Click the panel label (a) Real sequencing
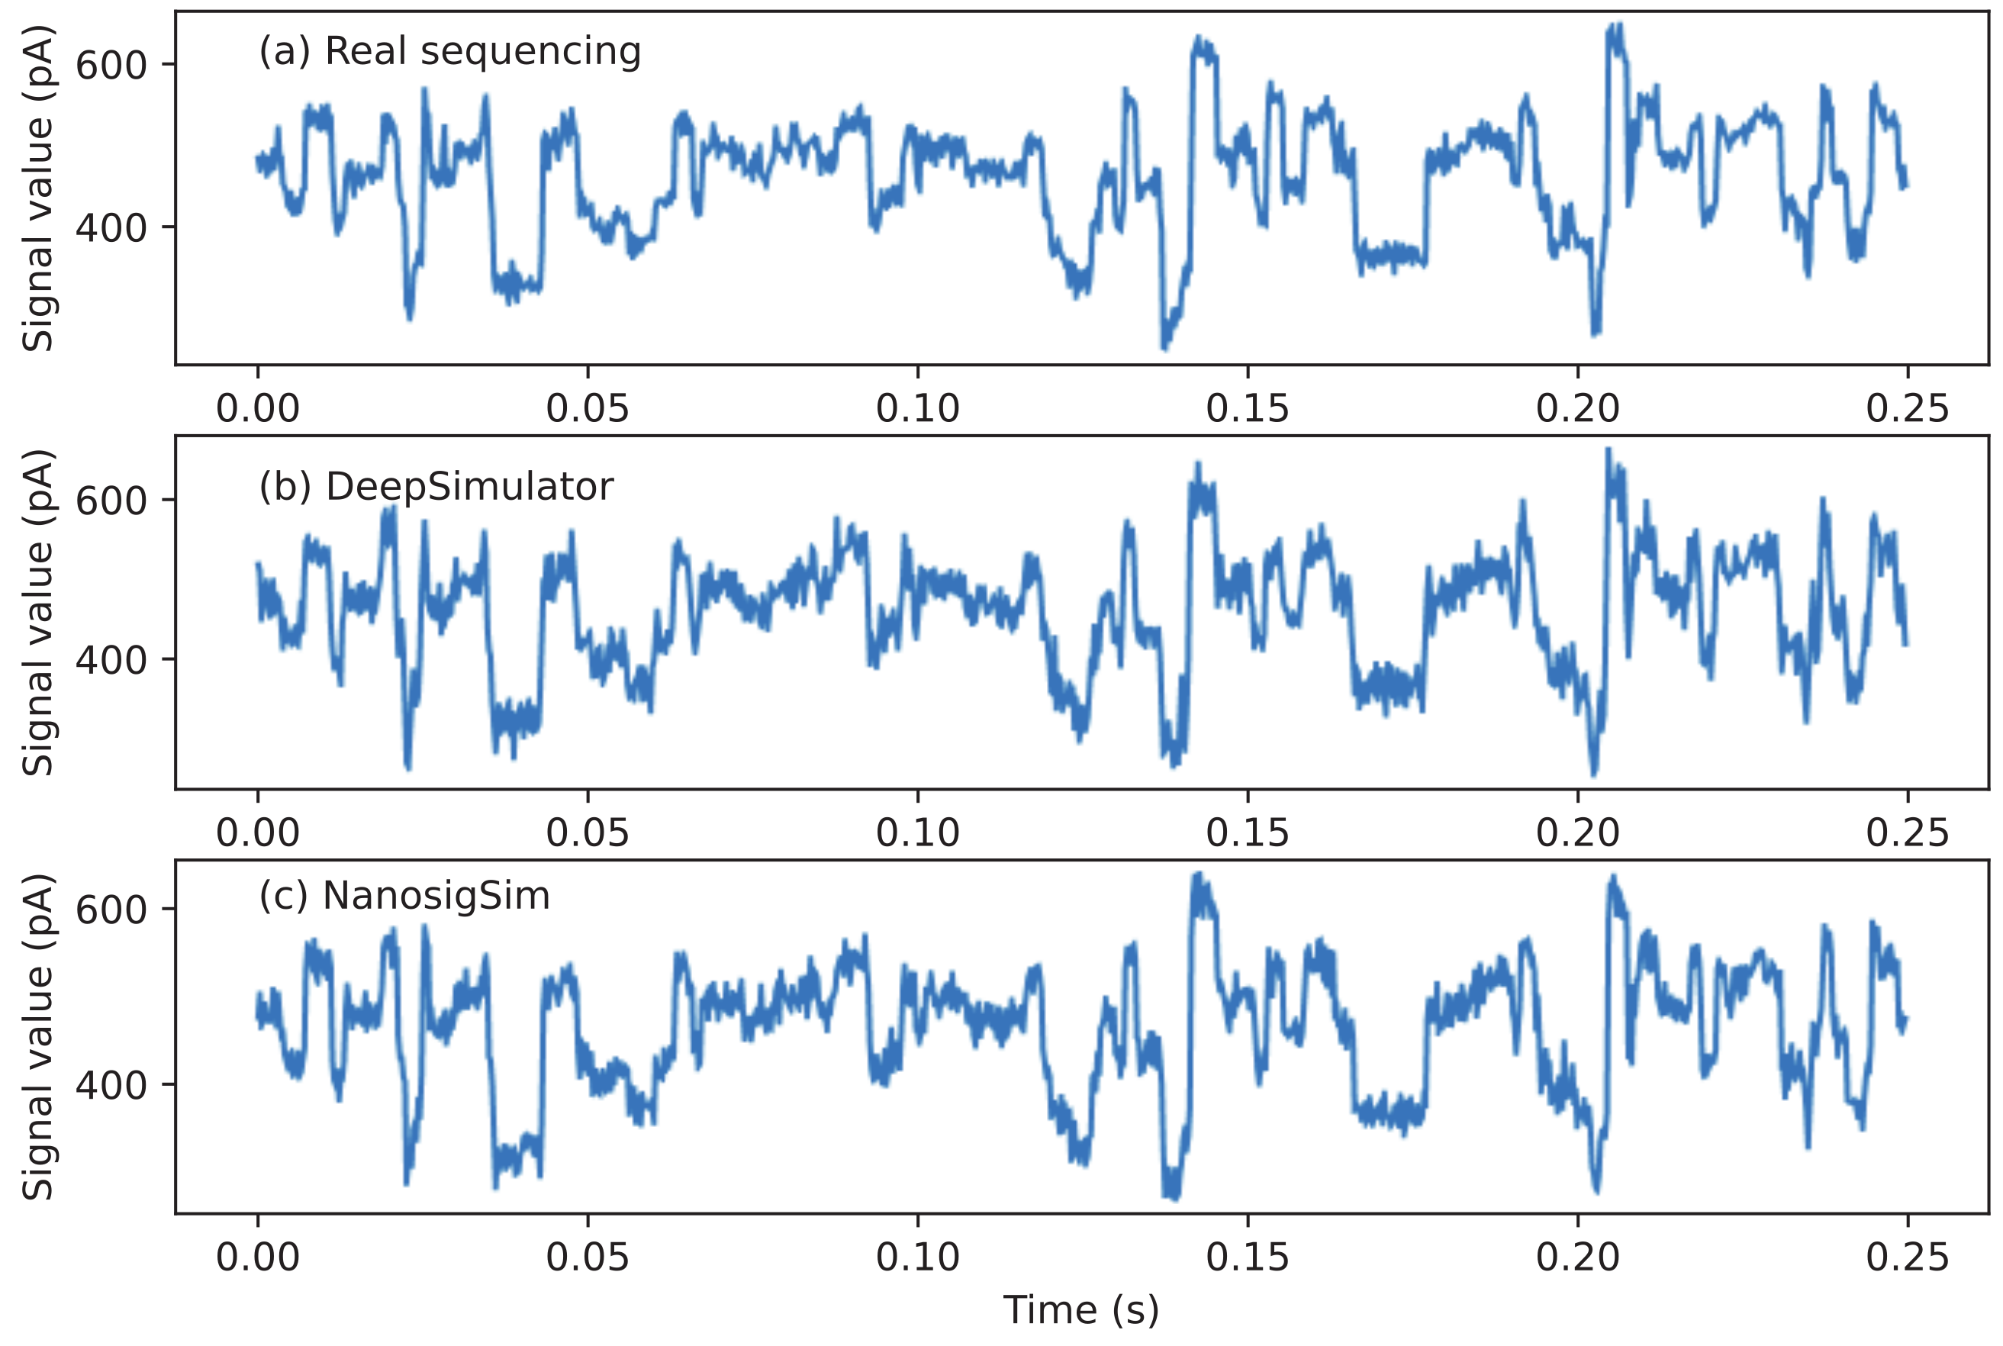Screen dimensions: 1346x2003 449,52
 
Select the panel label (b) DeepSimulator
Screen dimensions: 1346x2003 436,487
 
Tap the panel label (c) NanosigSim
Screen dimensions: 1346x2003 404,896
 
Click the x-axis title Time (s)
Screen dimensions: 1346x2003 1080,1310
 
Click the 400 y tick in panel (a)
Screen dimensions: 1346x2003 111,227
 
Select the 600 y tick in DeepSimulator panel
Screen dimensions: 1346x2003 111,501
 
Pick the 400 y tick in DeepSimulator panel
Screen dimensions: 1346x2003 111,660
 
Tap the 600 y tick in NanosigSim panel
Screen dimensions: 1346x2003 111,910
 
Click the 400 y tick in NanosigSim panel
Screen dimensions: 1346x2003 111,1085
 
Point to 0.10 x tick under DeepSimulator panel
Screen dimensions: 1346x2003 917,832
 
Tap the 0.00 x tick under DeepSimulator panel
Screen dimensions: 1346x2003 257,832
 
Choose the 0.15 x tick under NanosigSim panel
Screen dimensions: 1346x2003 1247,1257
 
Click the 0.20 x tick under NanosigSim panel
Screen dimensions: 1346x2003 1577,1257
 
